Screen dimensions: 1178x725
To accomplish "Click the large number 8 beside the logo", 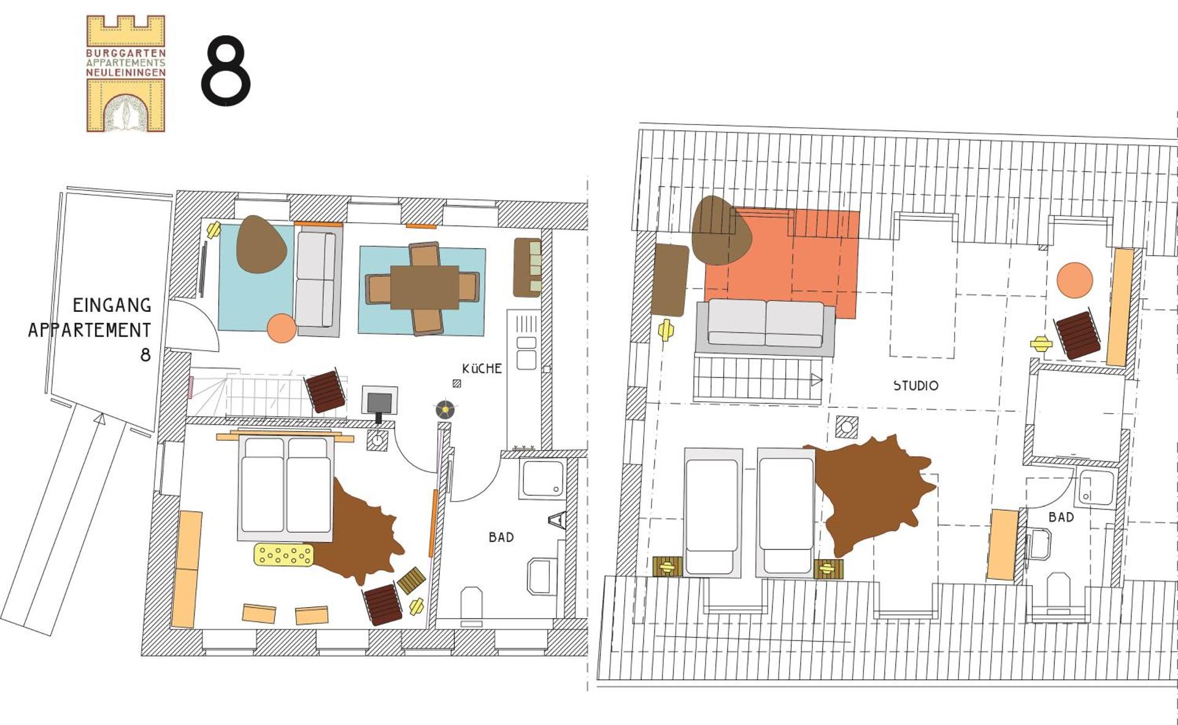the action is coord(225,71).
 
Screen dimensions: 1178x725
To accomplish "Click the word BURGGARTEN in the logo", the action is coord(126,53).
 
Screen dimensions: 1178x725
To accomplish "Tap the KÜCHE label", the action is coord(482,368).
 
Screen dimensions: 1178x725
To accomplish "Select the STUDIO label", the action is coord(915,386).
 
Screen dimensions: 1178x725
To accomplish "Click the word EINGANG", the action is coord(112,305).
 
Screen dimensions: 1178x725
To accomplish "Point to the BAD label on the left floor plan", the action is coord(501,537).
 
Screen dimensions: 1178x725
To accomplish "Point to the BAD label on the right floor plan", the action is coord(1061,518).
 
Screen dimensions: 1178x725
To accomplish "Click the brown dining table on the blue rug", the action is coord(425,287).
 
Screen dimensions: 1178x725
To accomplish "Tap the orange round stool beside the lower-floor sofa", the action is coord(282,328).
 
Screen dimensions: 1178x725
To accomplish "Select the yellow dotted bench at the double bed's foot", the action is coord(283,555).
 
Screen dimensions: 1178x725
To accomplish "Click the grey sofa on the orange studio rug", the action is coord(765,327).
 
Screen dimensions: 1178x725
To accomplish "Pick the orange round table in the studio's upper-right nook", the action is coord(1075,280).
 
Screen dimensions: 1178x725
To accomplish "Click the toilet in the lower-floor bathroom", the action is coord(471,604).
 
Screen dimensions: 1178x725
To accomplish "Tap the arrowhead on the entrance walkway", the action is coord(100,419).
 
